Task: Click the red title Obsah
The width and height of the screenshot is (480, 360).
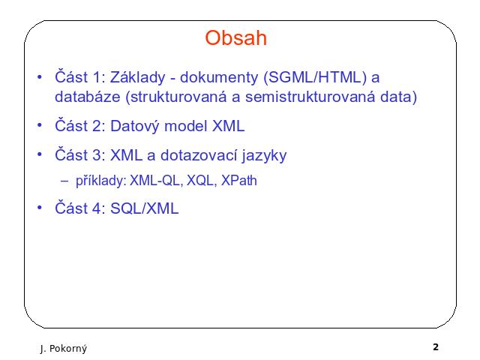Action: click(x=236, y=38)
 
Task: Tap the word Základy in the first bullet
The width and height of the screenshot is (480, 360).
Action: click(x=137, y=76)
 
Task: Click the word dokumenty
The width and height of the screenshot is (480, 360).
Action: click(x=219, y=77)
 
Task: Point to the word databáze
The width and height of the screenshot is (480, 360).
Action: click(x=88, y=97)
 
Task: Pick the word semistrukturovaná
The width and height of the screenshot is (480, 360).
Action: click(x=310, y=97)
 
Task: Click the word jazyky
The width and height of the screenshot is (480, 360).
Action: click(x=264, y=156)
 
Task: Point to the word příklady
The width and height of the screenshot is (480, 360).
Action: click(x=101, y=181)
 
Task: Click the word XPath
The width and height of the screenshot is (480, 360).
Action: click(x=238, y=180)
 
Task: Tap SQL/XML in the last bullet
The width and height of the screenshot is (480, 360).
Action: click(x=144, y=208)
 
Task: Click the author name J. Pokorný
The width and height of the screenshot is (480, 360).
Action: click(x=63, y=349)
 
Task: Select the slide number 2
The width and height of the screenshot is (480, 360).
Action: click(x=436, y=346)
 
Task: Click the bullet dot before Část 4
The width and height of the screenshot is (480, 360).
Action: click(x=40, y=208)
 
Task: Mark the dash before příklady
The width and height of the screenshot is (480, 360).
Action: click(x=64, y=181)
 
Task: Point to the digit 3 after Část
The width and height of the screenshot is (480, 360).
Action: click(x=97, y=155)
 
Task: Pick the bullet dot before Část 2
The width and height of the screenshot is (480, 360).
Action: click(x=40, y=125)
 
